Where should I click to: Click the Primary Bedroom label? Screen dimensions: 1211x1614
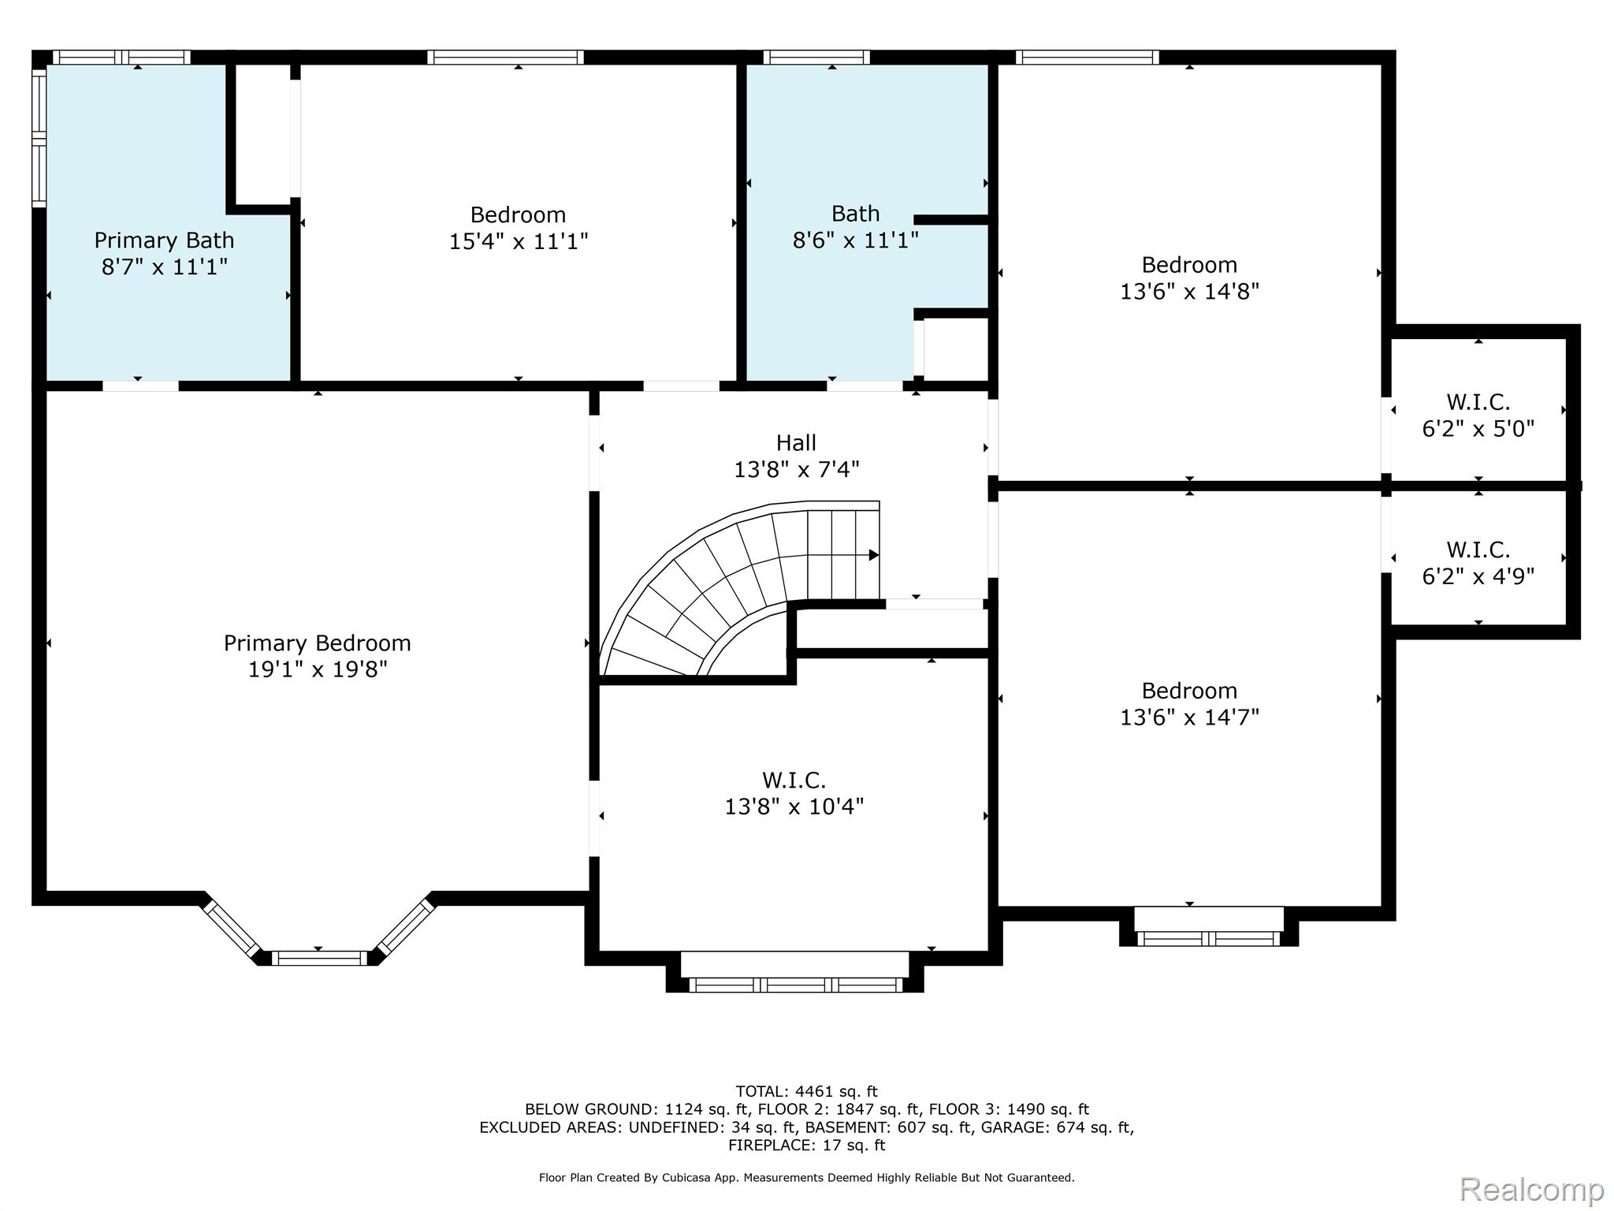point(317,643)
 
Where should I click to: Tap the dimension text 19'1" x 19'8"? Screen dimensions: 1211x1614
point(317,670)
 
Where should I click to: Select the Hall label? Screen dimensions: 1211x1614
point(796,443)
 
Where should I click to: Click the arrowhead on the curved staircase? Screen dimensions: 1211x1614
point(873,555)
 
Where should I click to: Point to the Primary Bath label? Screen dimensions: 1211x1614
point(164,240)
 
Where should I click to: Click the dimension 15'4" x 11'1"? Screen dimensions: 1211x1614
point(518,241)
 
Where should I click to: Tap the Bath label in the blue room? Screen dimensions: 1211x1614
point(855,214)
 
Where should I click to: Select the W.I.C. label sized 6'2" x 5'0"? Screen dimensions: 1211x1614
point(1478,403)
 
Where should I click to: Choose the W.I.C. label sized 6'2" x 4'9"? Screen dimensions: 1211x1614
point(1478,550)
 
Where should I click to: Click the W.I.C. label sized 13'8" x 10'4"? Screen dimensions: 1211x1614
point(794,781)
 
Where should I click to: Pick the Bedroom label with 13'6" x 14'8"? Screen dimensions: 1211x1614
point(1189,265)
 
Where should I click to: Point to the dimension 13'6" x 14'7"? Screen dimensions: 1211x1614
point(1189,717)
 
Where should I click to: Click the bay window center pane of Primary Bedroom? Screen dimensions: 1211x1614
point(319,958)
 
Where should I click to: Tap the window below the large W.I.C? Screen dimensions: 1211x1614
point(794,984)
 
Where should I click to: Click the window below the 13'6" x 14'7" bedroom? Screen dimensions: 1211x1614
point(1208,938)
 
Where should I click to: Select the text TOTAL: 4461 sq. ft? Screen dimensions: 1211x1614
point(806,1091)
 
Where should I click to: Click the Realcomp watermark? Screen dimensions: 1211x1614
point(1531,1189)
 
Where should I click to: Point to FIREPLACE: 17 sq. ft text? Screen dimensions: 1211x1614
point(806,1145)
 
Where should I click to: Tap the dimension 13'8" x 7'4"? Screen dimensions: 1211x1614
point(796,470)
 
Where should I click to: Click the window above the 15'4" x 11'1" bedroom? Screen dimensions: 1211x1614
point(505,57)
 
